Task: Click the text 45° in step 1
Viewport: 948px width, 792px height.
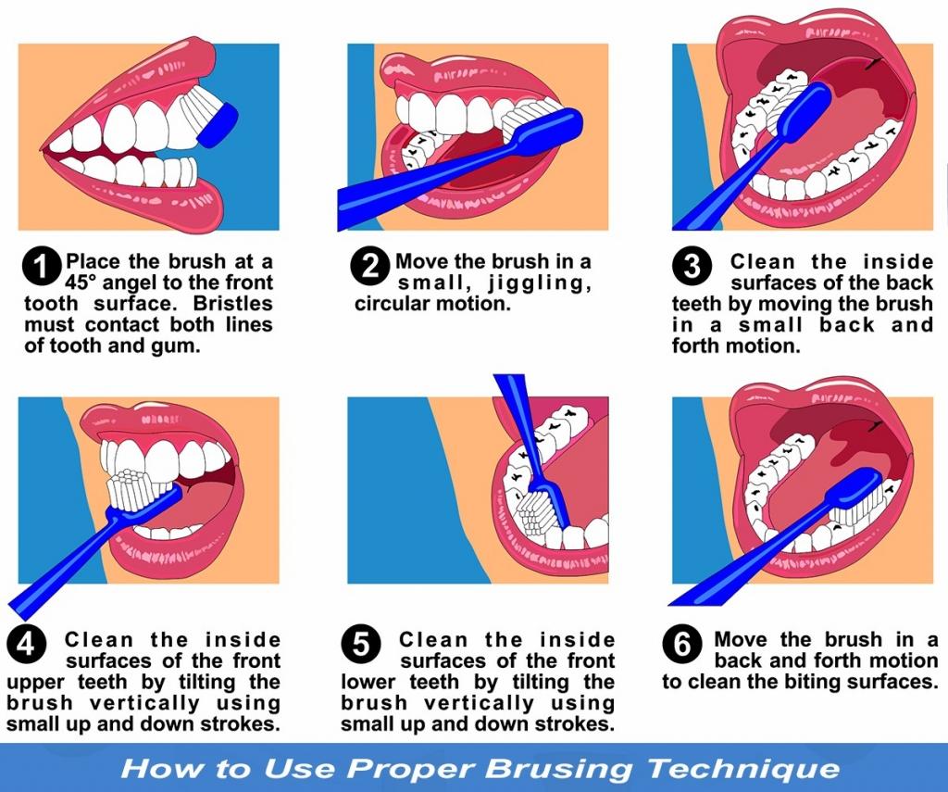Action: coord(85,283)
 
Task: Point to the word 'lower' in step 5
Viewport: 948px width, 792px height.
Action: coord(370,682)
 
